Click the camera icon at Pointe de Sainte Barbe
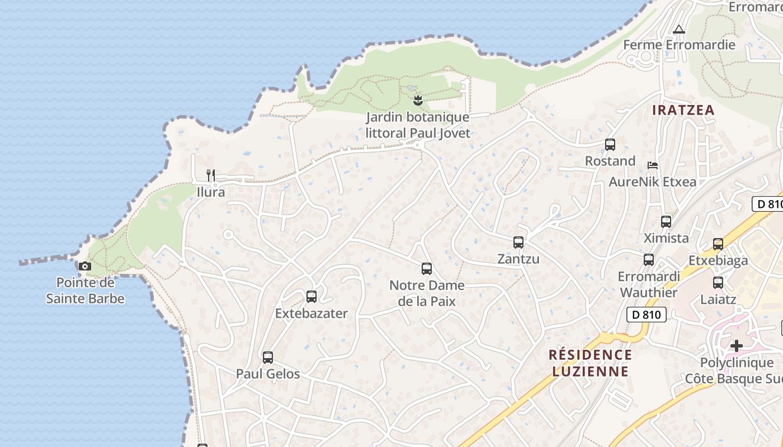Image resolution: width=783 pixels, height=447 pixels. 85,266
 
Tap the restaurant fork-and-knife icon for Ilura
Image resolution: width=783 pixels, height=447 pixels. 211,175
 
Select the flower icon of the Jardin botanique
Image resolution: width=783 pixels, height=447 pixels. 417,101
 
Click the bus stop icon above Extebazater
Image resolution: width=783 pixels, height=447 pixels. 312,297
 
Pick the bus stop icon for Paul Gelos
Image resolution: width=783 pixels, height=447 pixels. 268,357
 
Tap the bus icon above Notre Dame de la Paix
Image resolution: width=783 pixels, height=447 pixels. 427,269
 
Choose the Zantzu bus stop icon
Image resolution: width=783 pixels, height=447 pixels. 518,242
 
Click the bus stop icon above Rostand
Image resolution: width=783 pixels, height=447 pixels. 610,145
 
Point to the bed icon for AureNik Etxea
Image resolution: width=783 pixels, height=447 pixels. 652,165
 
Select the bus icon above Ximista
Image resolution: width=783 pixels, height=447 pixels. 666,221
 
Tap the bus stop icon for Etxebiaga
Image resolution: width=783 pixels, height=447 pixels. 718,244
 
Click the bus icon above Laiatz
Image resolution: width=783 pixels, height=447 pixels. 718,283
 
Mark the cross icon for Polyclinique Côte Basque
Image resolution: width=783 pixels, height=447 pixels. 737,346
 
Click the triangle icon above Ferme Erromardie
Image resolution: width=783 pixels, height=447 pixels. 679,29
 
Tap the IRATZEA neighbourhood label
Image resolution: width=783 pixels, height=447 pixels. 683,110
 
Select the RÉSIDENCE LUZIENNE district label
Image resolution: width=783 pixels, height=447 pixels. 590,363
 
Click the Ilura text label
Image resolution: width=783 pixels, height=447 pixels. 211,192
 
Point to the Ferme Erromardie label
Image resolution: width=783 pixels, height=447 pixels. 679,45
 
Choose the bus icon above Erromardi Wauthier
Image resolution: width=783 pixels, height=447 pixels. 649,260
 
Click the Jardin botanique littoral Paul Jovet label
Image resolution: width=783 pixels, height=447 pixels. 418,125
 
